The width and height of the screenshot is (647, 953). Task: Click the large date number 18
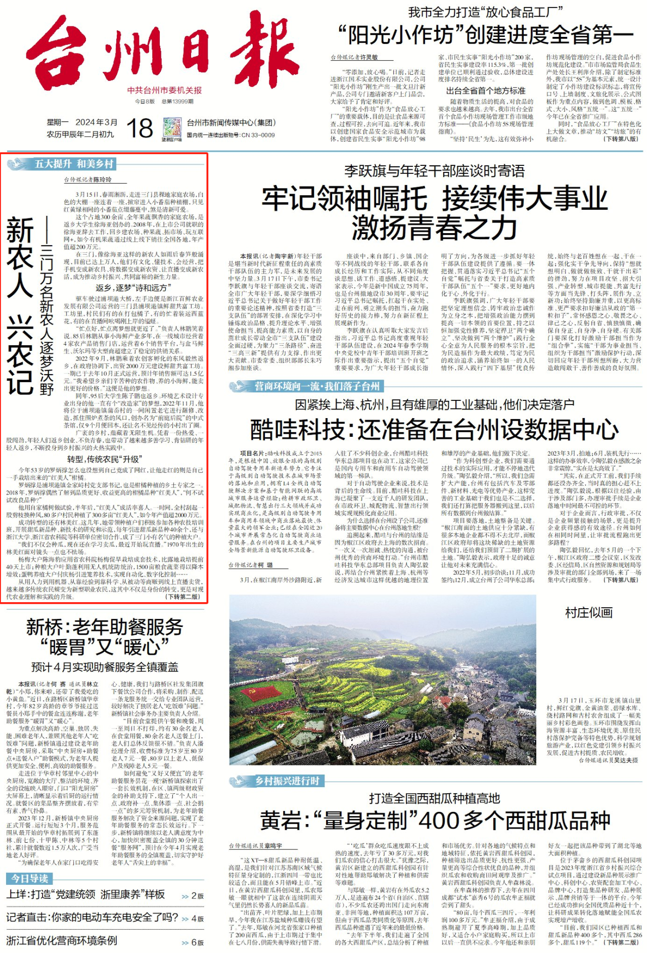140,128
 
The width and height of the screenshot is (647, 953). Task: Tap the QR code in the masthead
172,128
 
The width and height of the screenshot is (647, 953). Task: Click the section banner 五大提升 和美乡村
74,164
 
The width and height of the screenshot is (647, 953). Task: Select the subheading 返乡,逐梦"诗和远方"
131,288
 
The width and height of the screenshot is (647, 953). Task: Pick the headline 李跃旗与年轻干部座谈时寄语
434,171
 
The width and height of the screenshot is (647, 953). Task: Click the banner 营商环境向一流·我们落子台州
316,386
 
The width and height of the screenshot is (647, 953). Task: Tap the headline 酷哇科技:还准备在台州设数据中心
434,430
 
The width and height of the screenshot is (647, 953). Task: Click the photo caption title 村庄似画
588,613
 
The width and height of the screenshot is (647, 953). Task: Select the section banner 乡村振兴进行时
287,781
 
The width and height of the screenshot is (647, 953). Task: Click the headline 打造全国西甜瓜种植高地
434,798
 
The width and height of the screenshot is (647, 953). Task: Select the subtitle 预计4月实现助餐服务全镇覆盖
105,667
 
